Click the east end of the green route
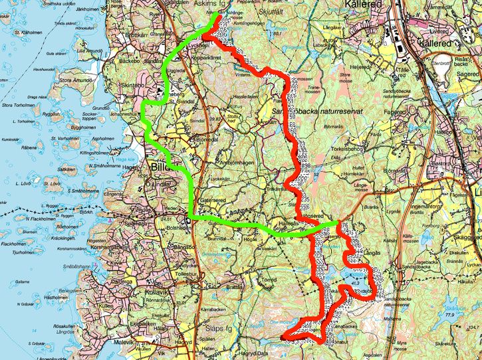click(338, 223)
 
